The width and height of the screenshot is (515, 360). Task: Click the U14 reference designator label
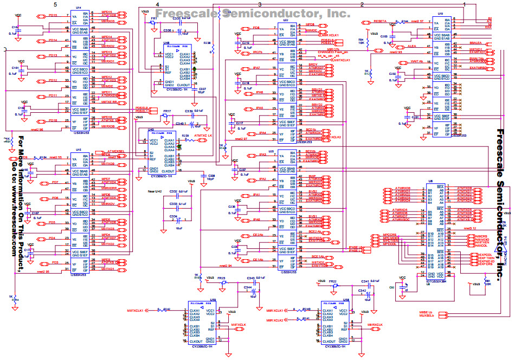coord(79,8)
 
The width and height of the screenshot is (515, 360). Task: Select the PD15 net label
coord(53,15)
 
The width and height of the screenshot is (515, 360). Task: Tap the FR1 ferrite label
coord(154,18)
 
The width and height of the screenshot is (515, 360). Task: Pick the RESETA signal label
coord(381,21)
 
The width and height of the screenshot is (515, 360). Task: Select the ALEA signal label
coord(412,47)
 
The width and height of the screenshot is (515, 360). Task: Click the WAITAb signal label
coord(416,62)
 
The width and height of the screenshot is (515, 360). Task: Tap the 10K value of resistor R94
coord(362,43)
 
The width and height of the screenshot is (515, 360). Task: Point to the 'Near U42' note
coord(155,192)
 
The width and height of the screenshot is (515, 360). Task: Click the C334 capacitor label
coord(173,216)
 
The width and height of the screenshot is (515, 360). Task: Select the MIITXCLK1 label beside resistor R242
coord(136,311)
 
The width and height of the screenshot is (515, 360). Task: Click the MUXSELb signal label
coord(426,317)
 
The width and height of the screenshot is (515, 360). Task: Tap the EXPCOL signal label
coord(485,254)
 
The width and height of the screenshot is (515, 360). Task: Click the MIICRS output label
coord(482,236)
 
